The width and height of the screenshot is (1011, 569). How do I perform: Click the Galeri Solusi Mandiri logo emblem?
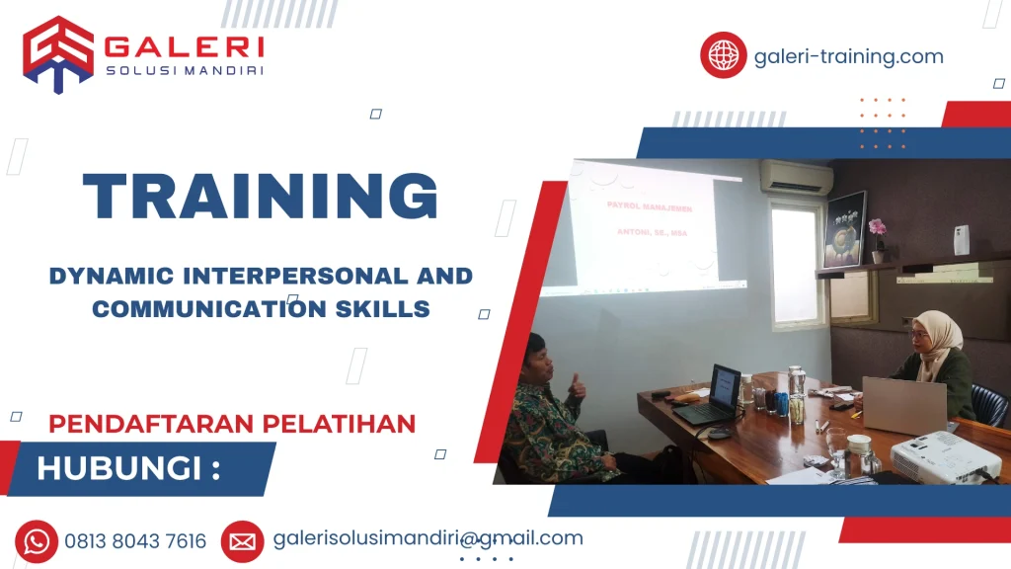point(57,54)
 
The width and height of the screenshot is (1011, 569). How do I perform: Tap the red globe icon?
point(723,55)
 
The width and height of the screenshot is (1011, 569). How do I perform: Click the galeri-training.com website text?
point(848,56)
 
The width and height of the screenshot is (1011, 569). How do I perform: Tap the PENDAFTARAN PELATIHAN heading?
point(232,424)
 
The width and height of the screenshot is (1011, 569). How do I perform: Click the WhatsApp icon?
point(37,540)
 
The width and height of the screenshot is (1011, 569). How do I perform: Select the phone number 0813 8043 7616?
point(135,541)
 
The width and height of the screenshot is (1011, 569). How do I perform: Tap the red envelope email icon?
point(242,540)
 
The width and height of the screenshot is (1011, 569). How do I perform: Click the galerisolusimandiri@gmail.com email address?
point(428,538)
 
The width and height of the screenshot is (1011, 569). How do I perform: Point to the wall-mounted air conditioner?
point(796,178)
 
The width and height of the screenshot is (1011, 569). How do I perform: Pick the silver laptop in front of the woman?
point(903,405)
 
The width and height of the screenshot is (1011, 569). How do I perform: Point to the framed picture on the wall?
point(845,229)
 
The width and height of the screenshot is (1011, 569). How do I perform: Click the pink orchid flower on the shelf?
point(877,229)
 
